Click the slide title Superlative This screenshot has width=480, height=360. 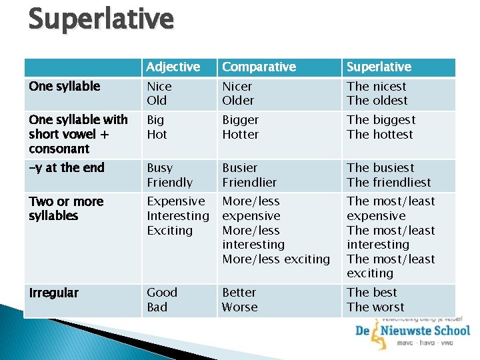pos(101,19)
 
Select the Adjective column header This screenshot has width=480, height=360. pos(173,67)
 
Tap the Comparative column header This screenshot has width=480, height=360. pos(259,67)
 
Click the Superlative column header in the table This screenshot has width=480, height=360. pos(379,67)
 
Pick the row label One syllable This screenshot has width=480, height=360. pos(65,86)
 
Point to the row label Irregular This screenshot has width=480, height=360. pos(54,293)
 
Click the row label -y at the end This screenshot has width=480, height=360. pos(67,167)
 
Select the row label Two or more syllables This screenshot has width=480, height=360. pos(66,208)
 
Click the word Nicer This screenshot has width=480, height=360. pos(237,86)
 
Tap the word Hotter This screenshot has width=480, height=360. pos(240,134)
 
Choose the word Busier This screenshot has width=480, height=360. pos(239,167)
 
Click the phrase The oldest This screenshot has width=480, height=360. pos(377,101)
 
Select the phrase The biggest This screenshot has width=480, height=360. pos(381,120)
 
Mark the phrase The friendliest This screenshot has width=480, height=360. pos(389,182)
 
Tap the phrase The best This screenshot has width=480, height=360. pos(371,292)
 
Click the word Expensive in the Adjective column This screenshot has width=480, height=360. pos(176,201)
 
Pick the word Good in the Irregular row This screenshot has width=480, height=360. pos(162,292)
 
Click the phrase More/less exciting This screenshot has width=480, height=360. pos(276,259)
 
